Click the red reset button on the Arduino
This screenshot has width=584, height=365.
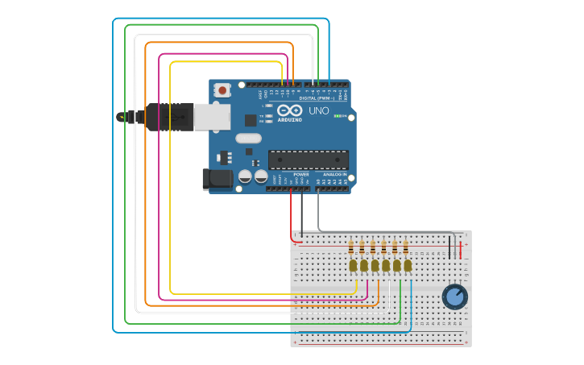click(x=222, y=91)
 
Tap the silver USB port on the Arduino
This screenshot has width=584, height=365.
click(x=212, y=117)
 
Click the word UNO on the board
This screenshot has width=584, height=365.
click(x=318, y=110)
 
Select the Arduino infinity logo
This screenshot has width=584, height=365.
click(x=289, y=110)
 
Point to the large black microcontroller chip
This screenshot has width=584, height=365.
click(x=309, y=160)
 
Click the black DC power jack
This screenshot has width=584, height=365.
click(x=216, y=179)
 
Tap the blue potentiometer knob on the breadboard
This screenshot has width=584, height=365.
click(x=454, y=297)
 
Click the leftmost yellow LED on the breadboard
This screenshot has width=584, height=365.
click(x=353, y=265)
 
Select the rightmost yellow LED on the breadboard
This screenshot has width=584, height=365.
click(x=408, y=265)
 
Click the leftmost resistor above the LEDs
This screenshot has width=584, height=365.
click(x=351, y=247)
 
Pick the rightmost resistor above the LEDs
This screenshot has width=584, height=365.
click(x=405, y=247)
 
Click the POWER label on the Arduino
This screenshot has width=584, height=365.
click(x=300, y=174)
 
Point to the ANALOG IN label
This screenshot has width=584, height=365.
click(x=334, y=174)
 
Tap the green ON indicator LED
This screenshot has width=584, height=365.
click(x=339, y=116)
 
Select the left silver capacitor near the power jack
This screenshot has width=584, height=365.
click(x=245, y=176)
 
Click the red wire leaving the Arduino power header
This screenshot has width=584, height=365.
click(x=291, y=214)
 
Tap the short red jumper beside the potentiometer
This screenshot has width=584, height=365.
click(x=461, y=246)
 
